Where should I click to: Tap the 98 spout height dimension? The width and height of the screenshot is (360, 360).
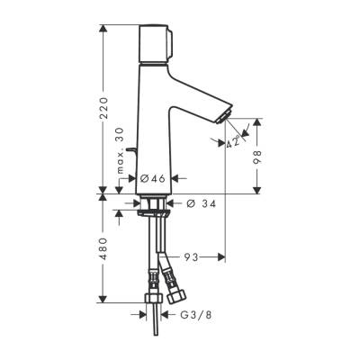[257, 156]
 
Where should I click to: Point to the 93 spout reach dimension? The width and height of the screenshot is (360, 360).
[191, 257]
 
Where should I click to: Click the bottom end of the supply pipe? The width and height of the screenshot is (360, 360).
[160, 320]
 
